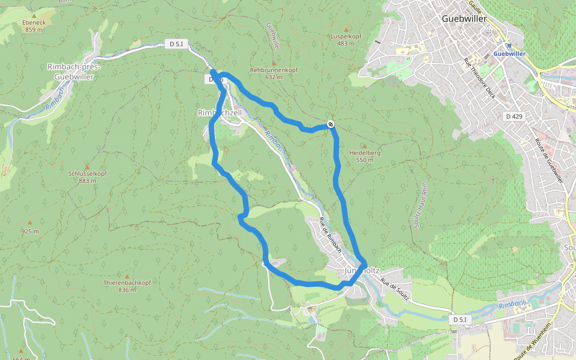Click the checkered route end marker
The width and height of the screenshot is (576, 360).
(331, 124)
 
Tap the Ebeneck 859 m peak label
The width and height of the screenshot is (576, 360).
(34, 26)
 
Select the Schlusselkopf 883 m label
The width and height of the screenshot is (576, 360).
(87, 177)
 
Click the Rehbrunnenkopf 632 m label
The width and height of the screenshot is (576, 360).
(274, 73)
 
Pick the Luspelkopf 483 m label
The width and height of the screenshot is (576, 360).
(346, 40)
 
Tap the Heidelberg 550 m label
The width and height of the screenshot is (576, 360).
(365, 156)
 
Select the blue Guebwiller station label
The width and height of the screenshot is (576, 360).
(509, 53)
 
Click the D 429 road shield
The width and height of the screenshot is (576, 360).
(514, 116)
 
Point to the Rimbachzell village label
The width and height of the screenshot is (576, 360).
(219, 112)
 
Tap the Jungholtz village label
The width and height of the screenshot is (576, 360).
(363, 271)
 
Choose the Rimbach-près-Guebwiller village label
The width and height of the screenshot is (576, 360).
(74, 71)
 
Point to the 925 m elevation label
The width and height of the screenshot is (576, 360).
(30, 231)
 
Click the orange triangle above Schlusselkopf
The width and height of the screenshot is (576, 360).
(87, 167)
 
